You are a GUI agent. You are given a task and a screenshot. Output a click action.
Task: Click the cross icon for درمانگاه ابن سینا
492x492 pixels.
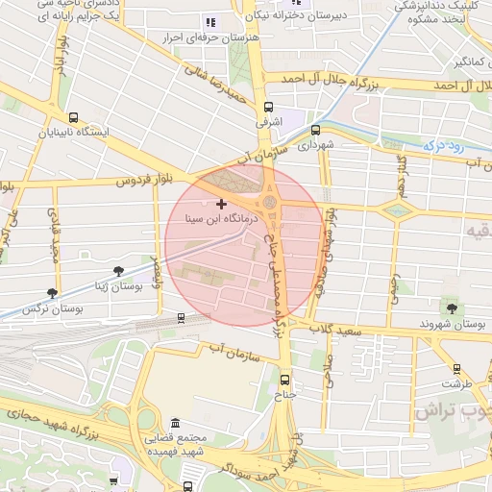pos(222,204)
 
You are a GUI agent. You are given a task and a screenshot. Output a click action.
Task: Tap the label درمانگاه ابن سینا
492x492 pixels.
pos(223,219)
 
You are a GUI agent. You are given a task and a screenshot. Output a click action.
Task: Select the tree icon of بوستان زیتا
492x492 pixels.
pos(118,272)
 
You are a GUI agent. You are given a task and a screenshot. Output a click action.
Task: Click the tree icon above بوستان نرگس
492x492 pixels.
pos(52,293)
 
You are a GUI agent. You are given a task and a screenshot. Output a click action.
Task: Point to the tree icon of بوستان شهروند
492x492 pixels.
pos(449,307)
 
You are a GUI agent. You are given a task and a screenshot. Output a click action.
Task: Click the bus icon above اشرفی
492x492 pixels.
pos(267,109)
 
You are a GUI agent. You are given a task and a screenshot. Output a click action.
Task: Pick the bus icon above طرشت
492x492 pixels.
pos(455,368)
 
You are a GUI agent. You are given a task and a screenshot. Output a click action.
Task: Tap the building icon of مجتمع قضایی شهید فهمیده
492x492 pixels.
pos(174,424)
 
